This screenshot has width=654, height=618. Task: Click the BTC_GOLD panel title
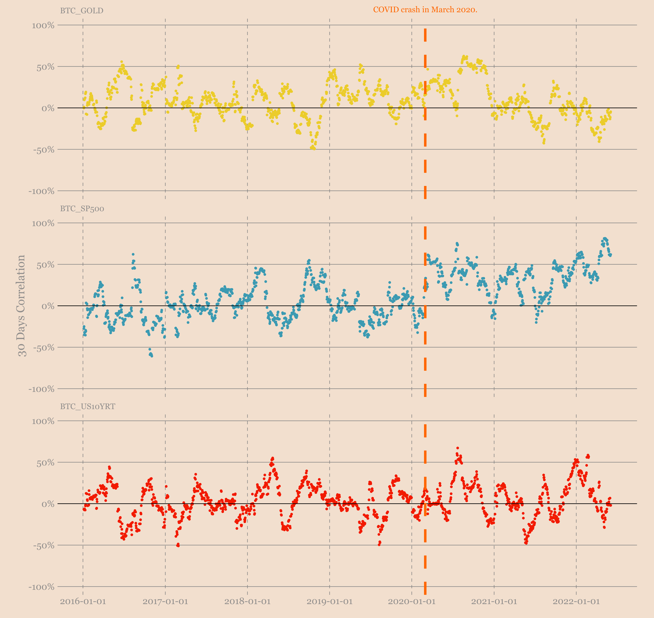tap(82, 11)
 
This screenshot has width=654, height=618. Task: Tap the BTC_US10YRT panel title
tap(88, 406)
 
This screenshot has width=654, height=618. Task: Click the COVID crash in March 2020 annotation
tap(425, 10)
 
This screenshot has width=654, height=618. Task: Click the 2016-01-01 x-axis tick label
tap(83, 602)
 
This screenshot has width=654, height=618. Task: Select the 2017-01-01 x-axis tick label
tap(165, 602)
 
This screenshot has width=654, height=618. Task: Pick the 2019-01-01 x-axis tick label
tap(330, 602)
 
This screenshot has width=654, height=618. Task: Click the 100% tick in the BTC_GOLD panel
tap(43, 25)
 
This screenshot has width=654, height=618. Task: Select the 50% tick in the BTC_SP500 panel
tap(45, 265)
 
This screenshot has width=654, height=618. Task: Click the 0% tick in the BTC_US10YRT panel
tap(48, 504)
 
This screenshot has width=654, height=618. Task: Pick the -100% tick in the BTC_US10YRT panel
tap(41, 587)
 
